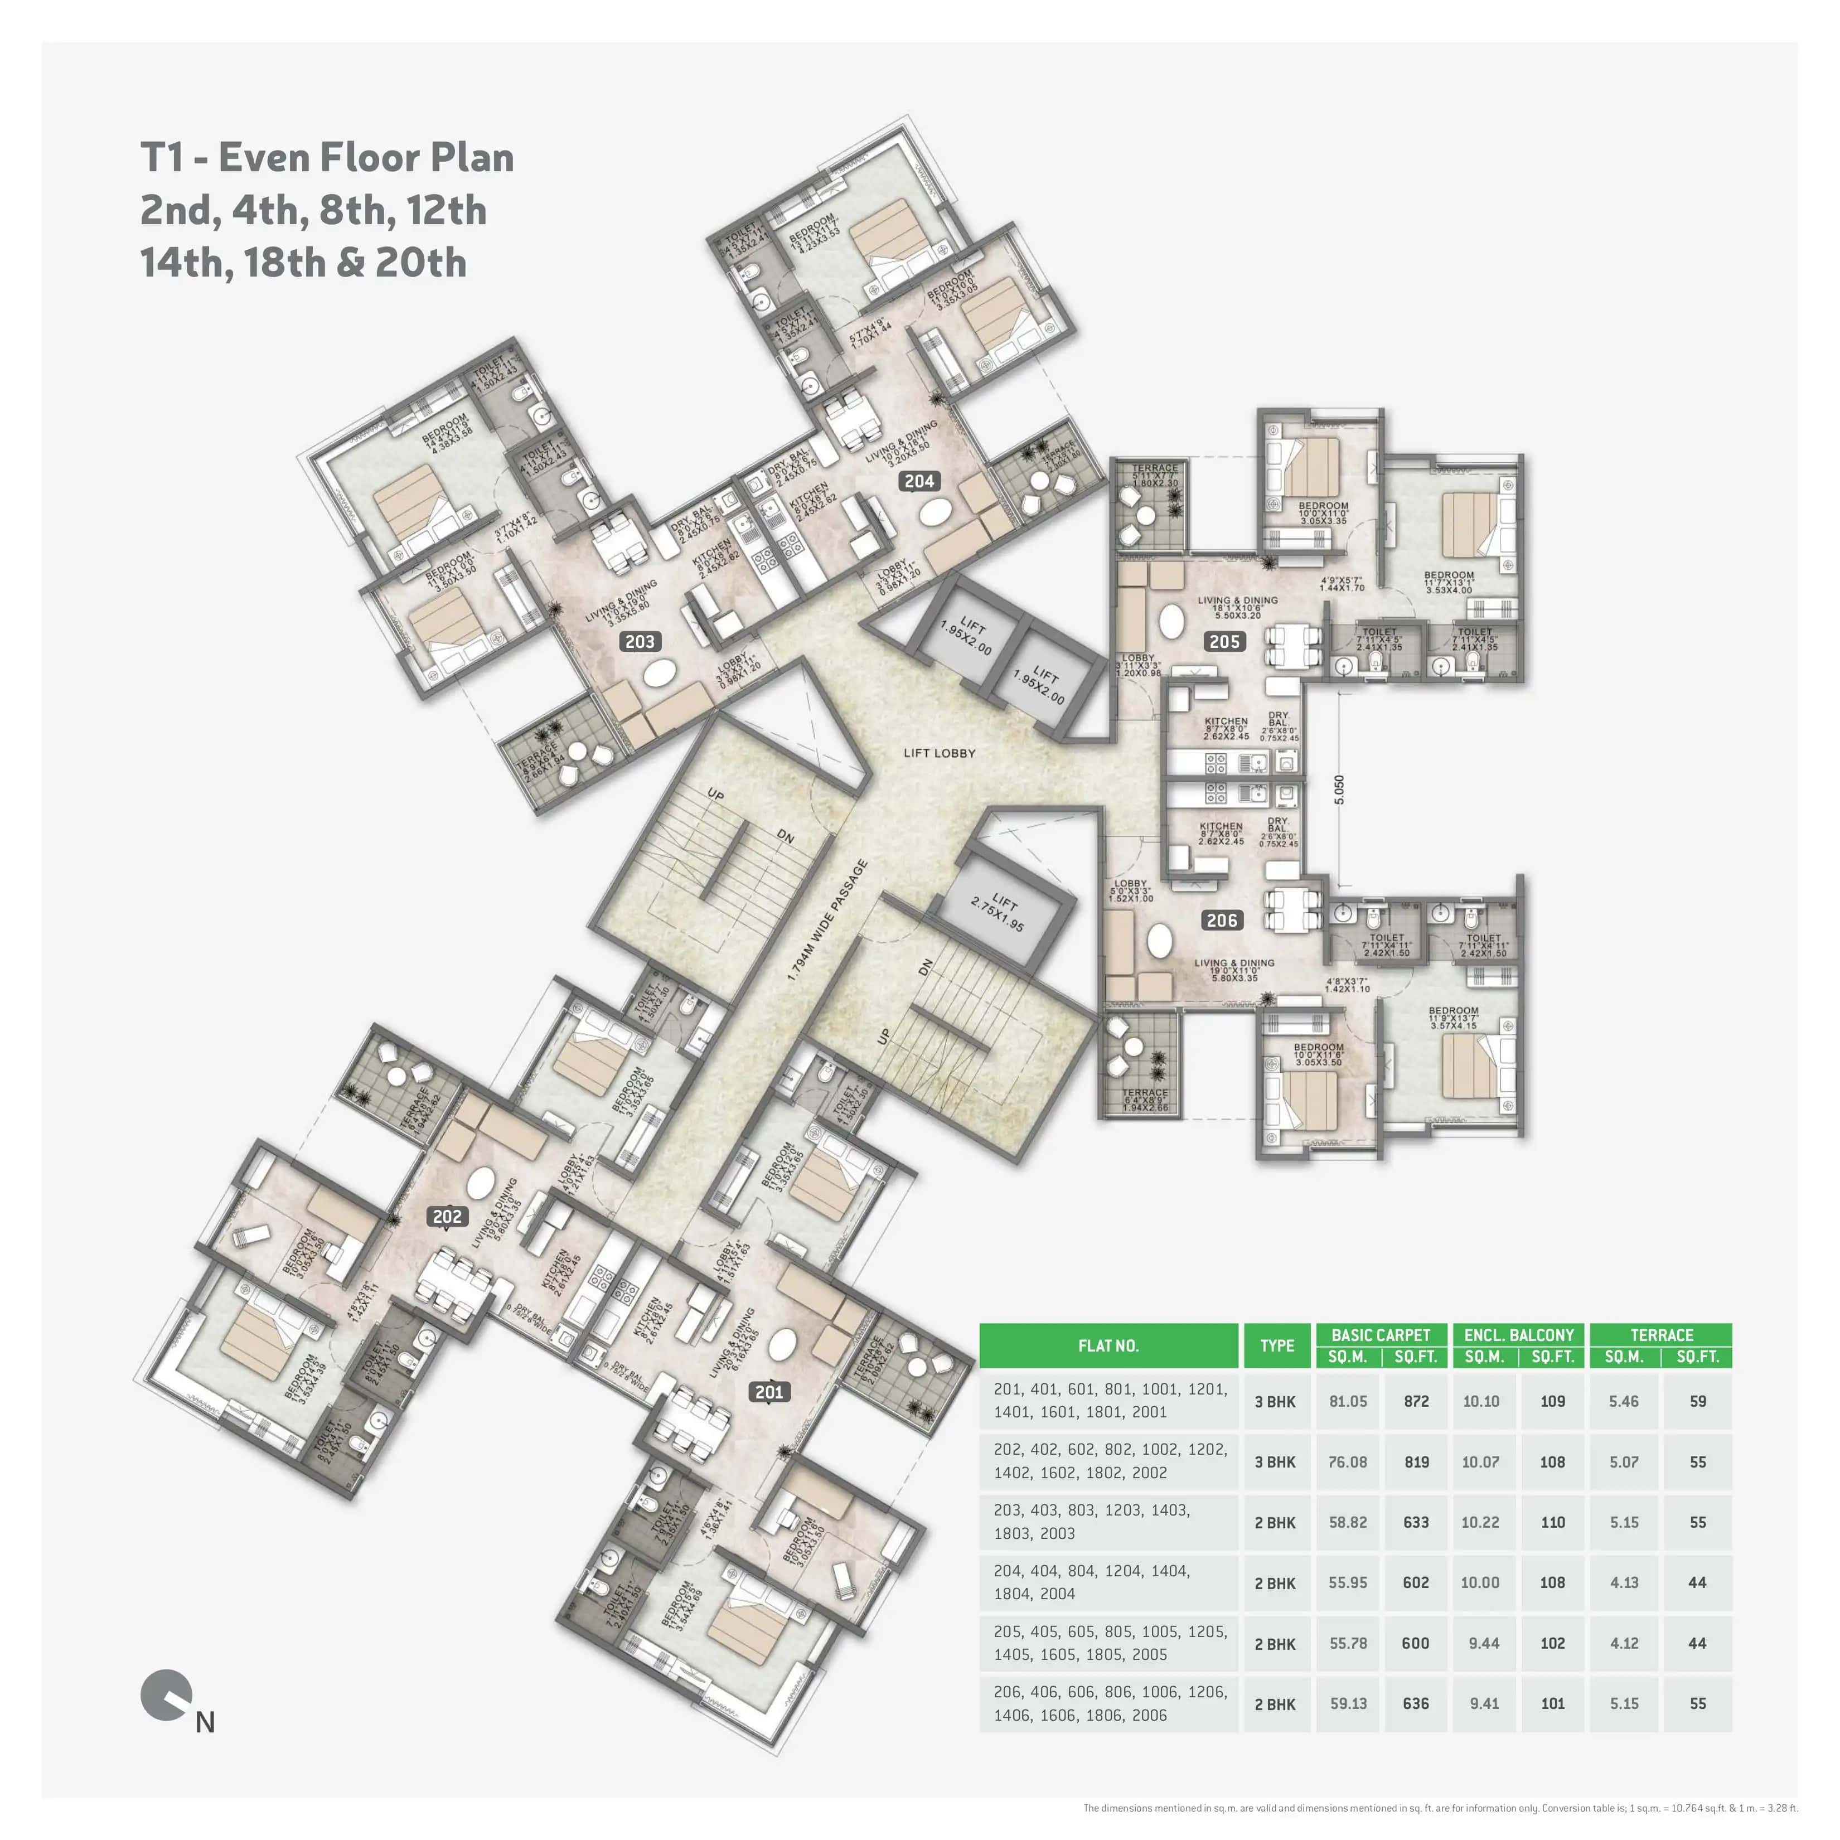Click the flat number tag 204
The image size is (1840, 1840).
point(919,481)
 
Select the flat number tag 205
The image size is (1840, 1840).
point(1224,642)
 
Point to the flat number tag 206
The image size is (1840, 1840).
point(1222,920)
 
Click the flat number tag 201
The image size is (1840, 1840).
point(768,1392)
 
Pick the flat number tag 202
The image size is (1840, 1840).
point(447,1216)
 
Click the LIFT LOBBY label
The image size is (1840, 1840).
point(939,752)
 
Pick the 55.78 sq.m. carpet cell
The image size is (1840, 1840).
point(1348,1643)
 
